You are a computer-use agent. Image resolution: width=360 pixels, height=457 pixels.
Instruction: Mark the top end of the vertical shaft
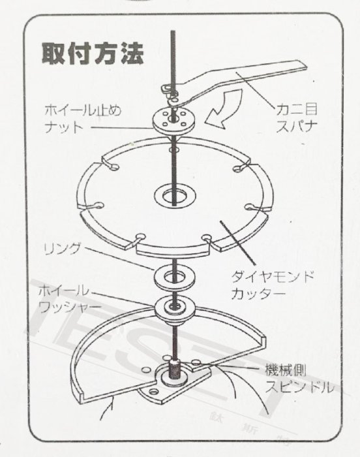pos(173,33)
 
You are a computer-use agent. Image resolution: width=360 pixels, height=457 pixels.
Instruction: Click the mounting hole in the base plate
pos(154,392)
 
